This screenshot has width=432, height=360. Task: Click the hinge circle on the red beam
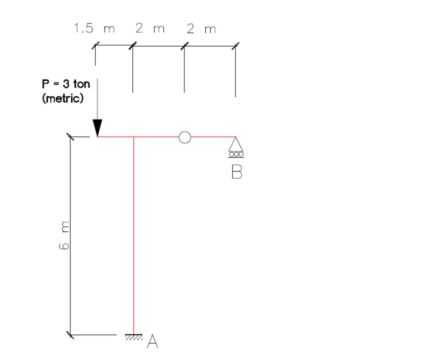pos(184,137)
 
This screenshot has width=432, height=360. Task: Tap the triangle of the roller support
pos(235,144)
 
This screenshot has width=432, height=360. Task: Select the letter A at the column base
pos(153,341)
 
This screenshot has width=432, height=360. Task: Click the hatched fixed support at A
pos(133,337)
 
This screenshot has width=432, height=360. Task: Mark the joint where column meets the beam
pos(133,137)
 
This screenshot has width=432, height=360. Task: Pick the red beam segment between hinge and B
pos(212,137)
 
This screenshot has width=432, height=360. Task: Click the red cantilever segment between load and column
pos(115,137)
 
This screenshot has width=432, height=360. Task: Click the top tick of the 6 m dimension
pos(71,137)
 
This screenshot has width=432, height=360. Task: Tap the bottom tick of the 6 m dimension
pos(71,334)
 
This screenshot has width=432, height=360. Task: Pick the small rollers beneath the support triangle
pos(235,154)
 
